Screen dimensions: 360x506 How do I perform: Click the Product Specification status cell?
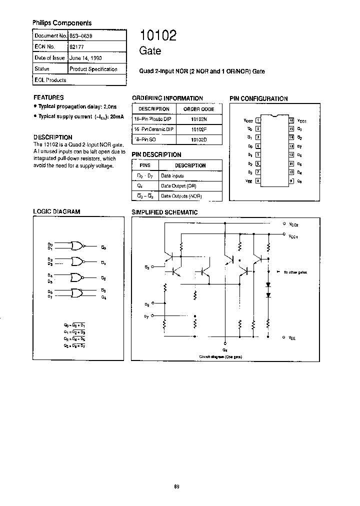pos(93,69)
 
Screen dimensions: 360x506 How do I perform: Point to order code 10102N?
pos(198,119)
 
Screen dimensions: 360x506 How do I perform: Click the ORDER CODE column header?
pos(198,109)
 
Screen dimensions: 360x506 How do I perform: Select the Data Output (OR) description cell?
pos(181,185)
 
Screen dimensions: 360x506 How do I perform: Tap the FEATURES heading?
pos(48,97)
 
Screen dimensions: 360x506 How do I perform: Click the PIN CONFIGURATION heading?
pos(258,98)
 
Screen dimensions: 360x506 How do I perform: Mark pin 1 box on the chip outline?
pos(257,120)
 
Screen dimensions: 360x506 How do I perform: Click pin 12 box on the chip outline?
pos(291,155)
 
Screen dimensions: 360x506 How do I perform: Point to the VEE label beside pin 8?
pos(249,181)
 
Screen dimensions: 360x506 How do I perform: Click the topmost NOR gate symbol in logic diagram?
pos(77,245)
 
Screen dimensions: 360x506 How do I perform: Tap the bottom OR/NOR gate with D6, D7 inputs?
pos(77,293)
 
